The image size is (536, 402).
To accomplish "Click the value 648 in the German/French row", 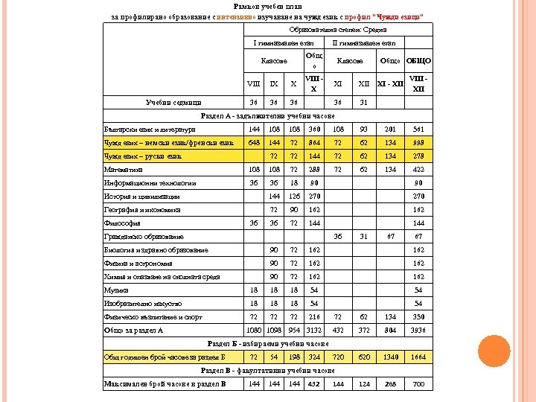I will coord(255,142).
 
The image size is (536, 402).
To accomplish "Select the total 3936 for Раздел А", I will coord(418,330).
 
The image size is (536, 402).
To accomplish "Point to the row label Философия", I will coord(120,223).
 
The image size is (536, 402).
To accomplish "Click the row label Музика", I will coord(116,290).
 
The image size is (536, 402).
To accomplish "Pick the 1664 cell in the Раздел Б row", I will coord(418,357).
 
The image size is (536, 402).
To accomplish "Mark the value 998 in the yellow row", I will coord(418,142).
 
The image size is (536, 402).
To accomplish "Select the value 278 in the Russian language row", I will coord(418,156).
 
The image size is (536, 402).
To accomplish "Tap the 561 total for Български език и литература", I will coord(418,129).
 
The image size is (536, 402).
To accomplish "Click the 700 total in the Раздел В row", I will coord(418,384).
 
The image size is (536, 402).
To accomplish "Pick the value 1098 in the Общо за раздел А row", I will coord(275,330).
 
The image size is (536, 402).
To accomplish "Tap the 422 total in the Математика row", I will coord(418,169).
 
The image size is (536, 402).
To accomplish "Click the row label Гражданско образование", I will coord(144,236).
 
